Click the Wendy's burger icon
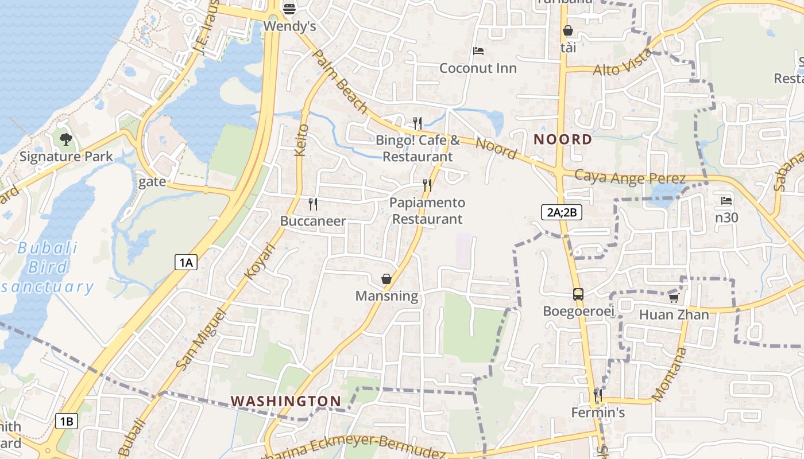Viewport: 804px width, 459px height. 289,9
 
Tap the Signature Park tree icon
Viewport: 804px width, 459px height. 66,139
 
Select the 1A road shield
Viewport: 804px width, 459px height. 185,263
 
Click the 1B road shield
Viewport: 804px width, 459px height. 66,422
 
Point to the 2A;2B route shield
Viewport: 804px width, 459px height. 562,212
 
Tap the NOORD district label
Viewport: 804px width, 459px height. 563,139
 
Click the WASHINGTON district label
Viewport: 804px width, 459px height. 286,400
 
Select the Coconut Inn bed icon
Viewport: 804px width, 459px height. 478,51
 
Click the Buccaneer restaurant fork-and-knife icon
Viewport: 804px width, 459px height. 313,204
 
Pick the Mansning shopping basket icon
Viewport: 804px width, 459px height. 386,279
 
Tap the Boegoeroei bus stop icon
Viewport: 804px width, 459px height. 578,294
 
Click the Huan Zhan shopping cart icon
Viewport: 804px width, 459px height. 674,298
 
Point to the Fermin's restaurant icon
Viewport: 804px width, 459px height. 598,395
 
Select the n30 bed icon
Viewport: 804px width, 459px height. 726,201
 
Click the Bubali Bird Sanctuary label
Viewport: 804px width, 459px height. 49,267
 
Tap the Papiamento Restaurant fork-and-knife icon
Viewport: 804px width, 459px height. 427,185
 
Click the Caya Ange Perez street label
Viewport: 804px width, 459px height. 630,177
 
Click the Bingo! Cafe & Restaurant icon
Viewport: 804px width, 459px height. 418,123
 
